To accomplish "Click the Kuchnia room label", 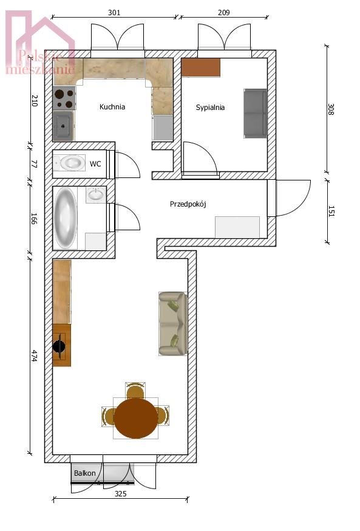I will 112,107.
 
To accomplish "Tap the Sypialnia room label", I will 210,108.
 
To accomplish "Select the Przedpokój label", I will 188,204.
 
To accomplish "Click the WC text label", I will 95,164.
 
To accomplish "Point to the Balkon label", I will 84,473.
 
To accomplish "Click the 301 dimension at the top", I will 114,12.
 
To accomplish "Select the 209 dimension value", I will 223,12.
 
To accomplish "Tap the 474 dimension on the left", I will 33,359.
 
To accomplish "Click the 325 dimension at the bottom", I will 120,494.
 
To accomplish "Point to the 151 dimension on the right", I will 331,210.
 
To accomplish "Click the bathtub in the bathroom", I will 66,218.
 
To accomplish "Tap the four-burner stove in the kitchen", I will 64,97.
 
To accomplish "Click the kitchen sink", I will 63,126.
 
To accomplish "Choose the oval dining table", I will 135,418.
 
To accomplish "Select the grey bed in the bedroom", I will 255,113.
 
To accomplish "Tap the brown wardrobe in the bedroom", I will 200,67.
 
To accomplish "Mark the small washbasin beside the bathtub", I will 95,194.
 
